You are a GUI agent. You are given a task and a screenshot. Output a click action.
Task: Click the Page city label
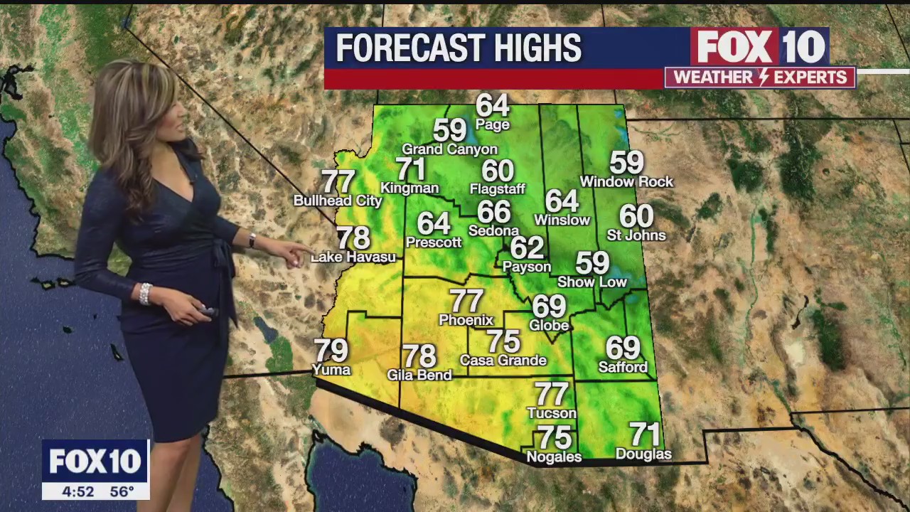point(493,125)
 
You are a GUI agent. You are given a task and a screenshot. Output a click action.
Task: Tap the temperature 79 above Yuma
point(331,351)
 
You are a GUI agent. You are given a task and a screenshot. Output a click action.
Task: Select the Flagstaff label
point(498,189)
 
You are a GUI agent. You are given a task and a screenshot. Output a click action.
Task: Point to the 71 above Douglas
point(645,434)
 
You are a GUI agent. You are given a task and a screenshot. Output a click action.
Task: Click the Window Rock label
point(626,182)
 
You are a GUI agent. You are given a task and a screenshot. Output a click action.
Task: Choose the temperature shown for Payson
point(527,247)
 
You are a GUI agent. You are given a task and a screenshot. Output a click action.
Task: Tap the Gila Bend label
point(419,375)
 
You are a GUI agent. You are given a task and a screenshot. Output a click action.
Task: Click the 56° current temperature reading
point(122,491)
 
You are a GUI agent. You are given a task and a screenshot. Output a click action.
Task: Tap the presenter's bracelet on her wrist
point(146,293)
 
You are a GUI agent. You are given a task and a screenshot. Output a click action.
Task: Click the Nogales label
point(554,457)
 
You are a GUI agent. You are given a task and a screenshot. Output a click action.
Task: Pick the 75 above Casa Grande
point(503,342)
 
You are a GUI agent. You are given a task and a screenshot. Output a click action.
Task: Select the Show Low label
point(592,282)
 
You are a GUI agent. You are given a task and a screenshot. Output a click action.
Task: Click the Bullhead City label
point(338,201)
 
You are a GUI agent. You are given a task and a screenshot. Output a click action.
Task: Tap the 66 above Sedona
point(494,212)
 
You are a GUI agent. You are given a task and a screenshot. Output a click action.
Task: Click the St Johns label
point(636,235)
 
